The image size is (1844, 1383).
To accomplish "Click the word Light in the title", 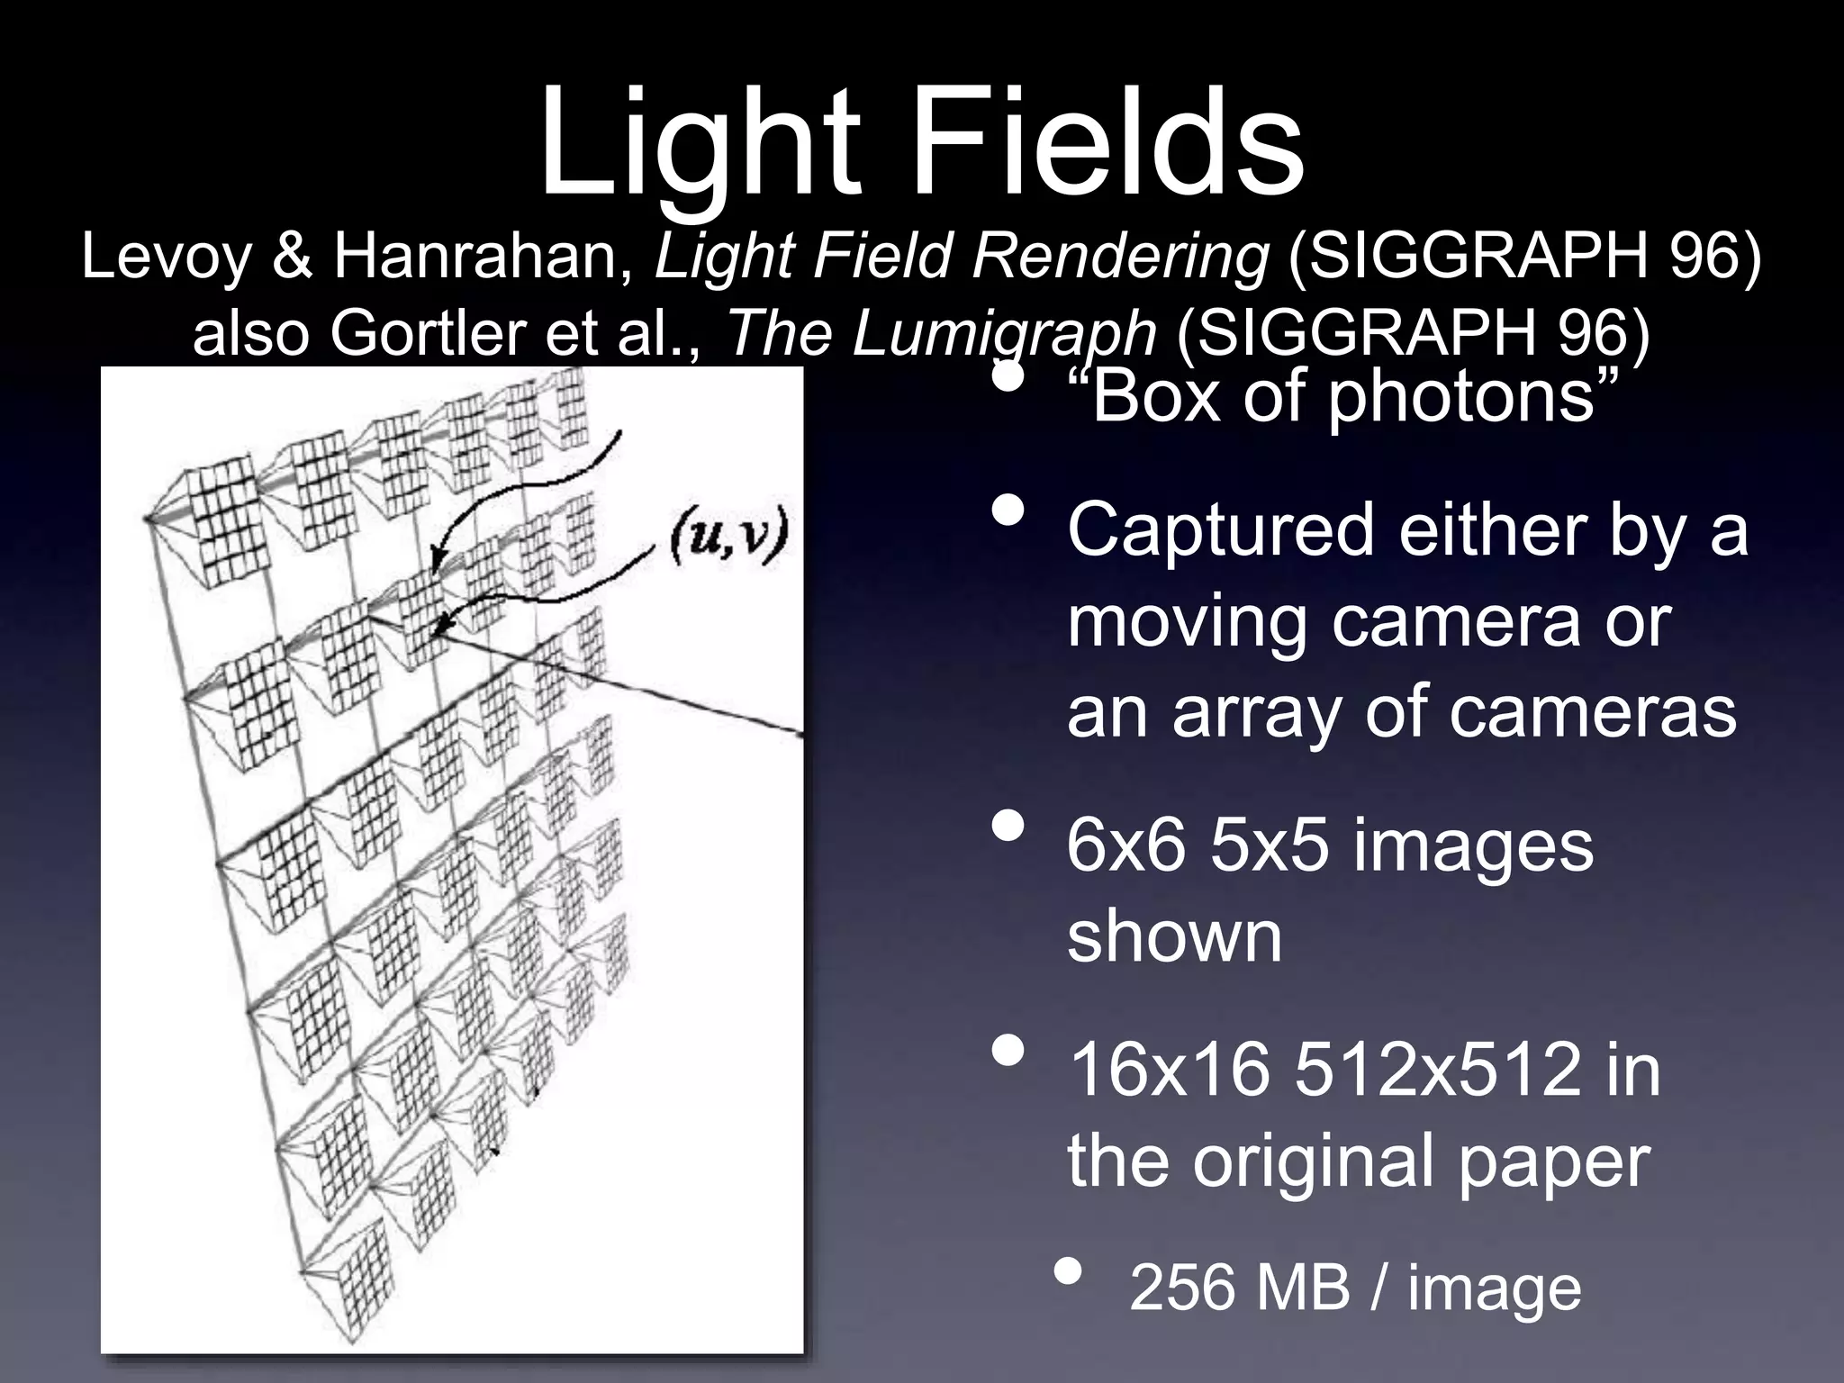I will [x=699, y=144].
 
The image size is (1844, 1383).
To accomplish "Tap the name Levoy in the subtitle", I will [x=166, y=258].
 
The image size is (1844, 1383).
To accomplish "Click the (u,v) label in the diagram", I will [x=728, y=538].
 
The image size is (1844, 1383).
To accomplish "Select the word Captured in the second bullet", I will [x=1220, y=531].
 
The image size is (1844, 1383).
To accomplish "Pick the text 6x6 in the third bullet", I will [x=1125, y=847].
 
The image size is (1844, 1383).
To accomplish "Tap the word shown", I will [x=1174, y=937].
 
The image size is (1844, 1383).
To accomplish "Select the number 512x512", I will [x=1437, y=1071].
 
